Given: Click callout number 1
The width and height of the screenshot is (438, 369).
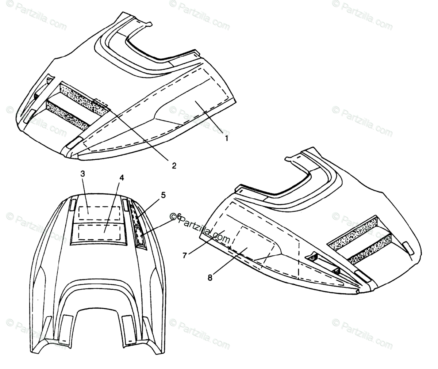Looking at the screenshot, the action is click(x=226, y=138).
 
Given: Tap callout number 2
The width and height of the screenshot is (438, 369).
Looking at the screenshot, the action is click(x=174, y=166).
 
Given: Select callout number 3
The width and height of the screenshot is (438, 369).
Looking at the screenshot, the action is click(x=82, y=174).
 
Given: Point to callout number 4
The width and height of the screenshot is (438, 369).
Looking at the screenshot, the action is click(x=122, y=178).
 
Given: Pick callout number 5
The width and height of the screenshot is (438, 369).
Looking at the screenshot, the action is click(x=163, y=195).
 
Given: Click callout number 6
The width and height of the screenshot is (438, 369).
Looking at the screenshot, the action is click(x=178, y=216).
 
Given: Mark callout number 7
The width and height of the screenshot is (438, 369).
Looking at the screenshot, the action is click(x=185, y=255).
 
